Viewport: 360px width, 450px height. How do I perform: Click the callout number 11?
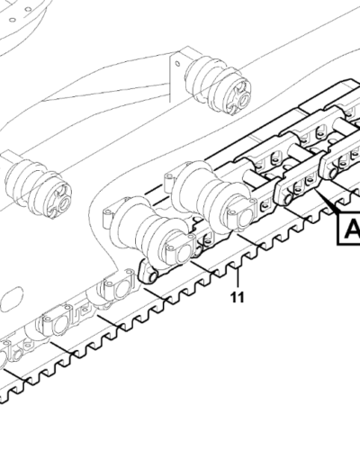[x=237, y=297]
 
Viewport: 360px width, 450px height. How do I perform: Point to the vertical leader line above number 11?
[x=238, y=278]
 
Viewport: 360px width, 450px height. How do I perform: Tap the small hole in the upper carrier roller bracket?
[x=177, y=64]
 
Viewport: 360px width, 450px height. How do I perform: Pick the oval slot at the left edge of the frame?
[x=11, y=300]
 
